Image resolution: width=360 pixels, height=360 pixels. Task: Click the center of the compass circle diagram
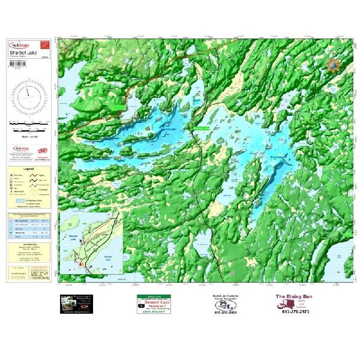coord(29,97)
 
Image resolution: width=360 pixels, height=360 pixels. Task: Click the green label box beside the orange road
coord(119,107)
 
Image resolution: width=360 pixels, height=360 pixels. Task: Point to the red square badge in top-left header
coord(43,44)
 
